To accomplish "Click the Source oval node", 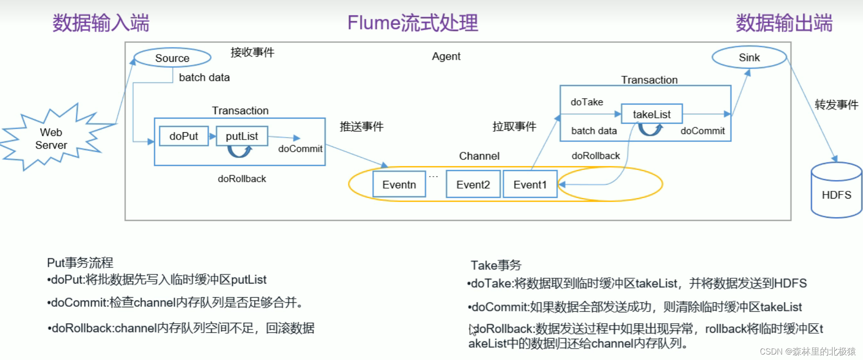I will point(172,58).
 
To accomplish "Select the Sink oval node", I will point(749,58).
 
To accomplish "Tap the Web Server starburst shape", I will point(51,139).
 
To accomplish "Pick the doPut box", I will point(184,136).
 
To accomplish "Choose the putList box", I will point(242,136).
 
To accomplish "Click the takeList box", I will point(651,114).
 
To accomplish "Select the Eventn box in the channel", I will point(399,184).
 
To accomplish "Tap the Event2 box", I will point(473,184).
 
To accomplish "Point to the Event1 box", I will point(530,184).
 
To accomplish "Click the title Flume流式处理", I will point(413,23).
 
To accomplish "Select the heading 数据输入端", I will point(101,23).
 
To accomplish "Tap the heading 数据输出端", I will point(784,23).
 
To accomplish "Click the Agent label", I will point(446,56).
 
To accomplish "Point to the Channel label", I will point(479,156).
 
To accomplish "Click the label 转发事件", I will point(836,105).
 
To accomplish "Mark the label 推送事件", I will point(362,126).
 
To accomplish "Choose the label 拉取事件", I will point(514,126).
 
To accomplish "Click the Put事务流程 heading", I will point(80,262).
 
